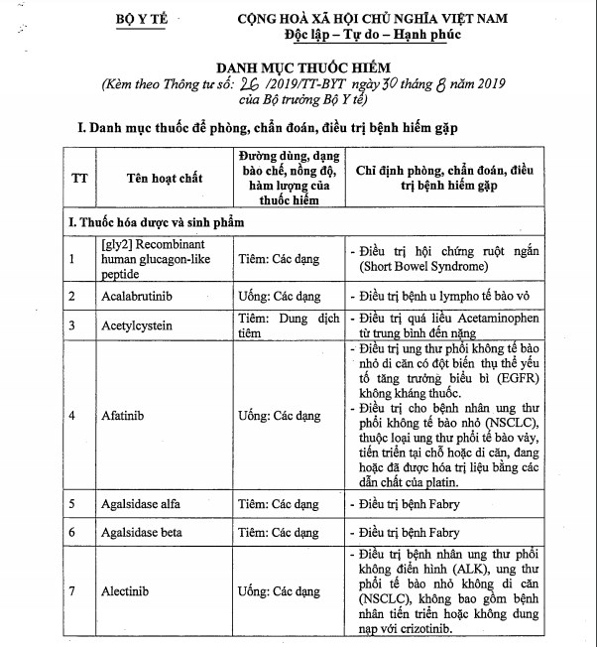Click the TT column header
[x=78, y=178]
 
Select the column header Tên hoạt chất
[x=164, y=178]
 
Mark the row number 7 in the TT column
[x=72, y=592]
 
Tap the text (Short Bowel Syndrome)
[x=421, y=266]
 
